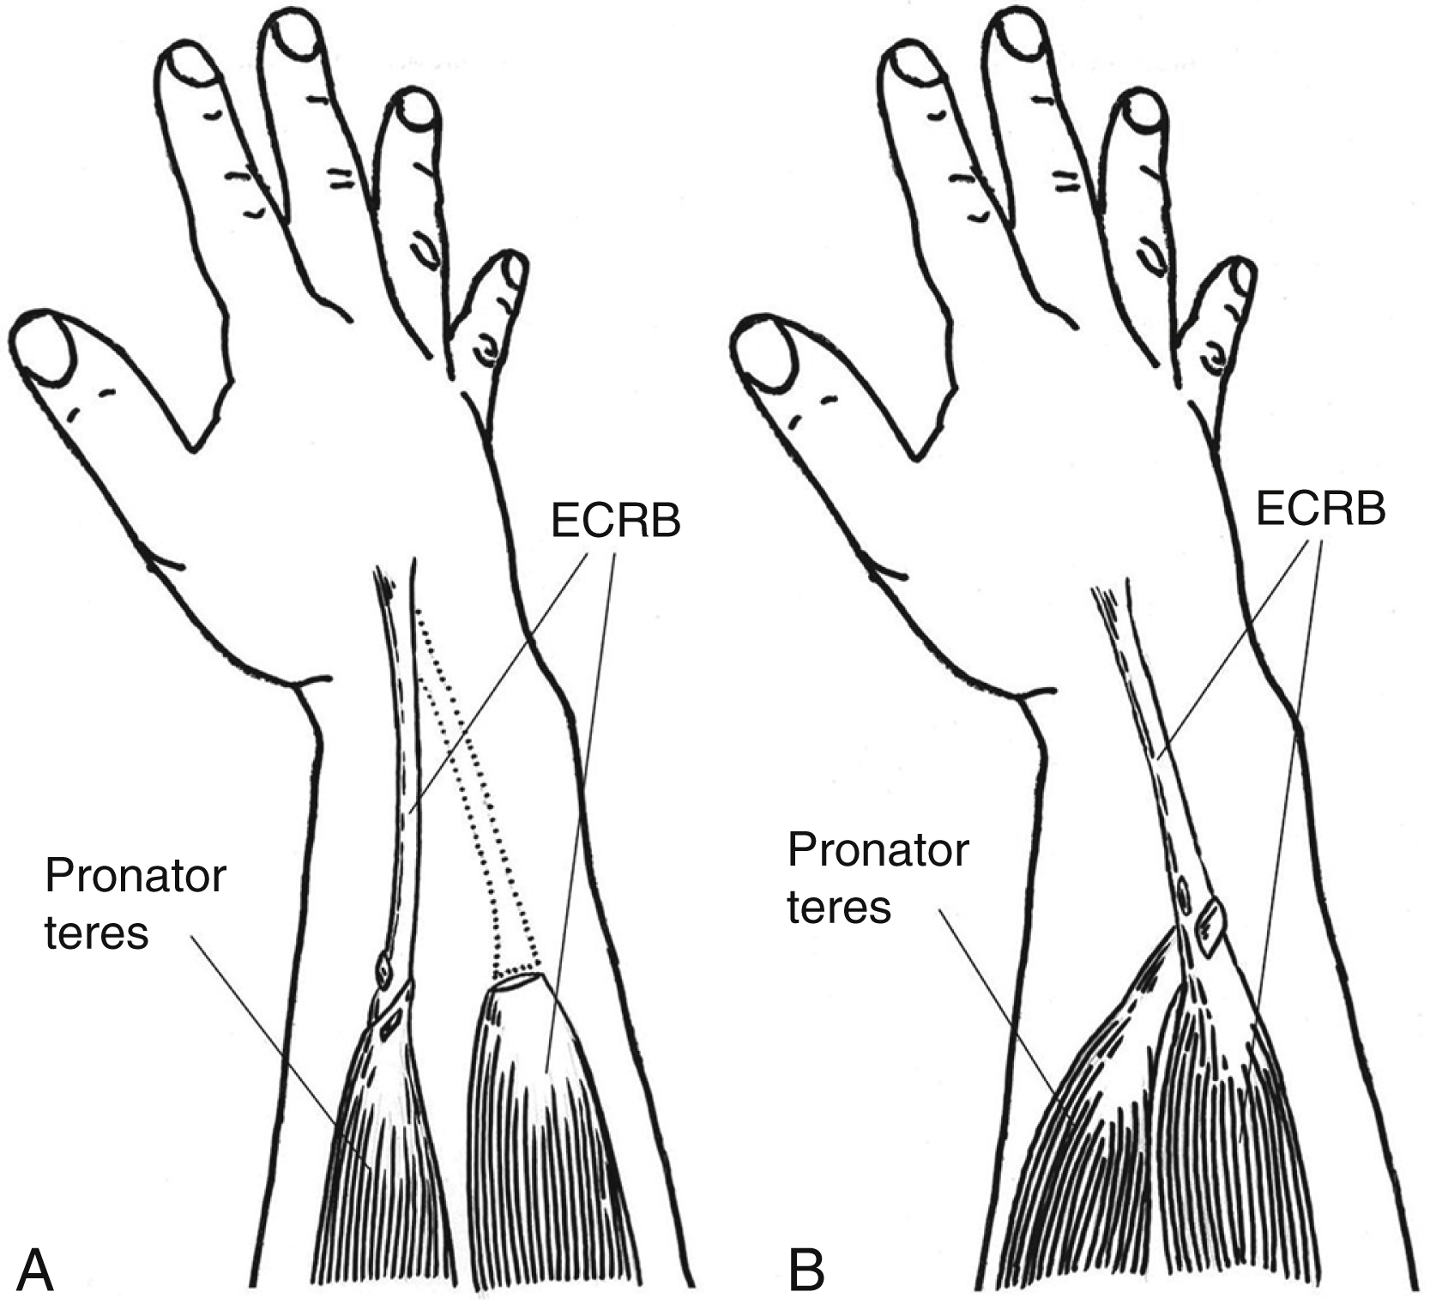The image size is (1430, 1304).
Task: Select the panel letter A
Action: (x=35, y=1270)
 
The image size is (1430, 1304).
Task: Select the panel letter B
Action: (x=806, y=1270)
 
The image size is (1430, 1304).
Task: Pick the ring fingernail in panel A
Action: (x=418, y=111)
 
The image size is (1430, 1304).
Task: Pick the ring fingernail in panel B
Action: (x=1143, y=111)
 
